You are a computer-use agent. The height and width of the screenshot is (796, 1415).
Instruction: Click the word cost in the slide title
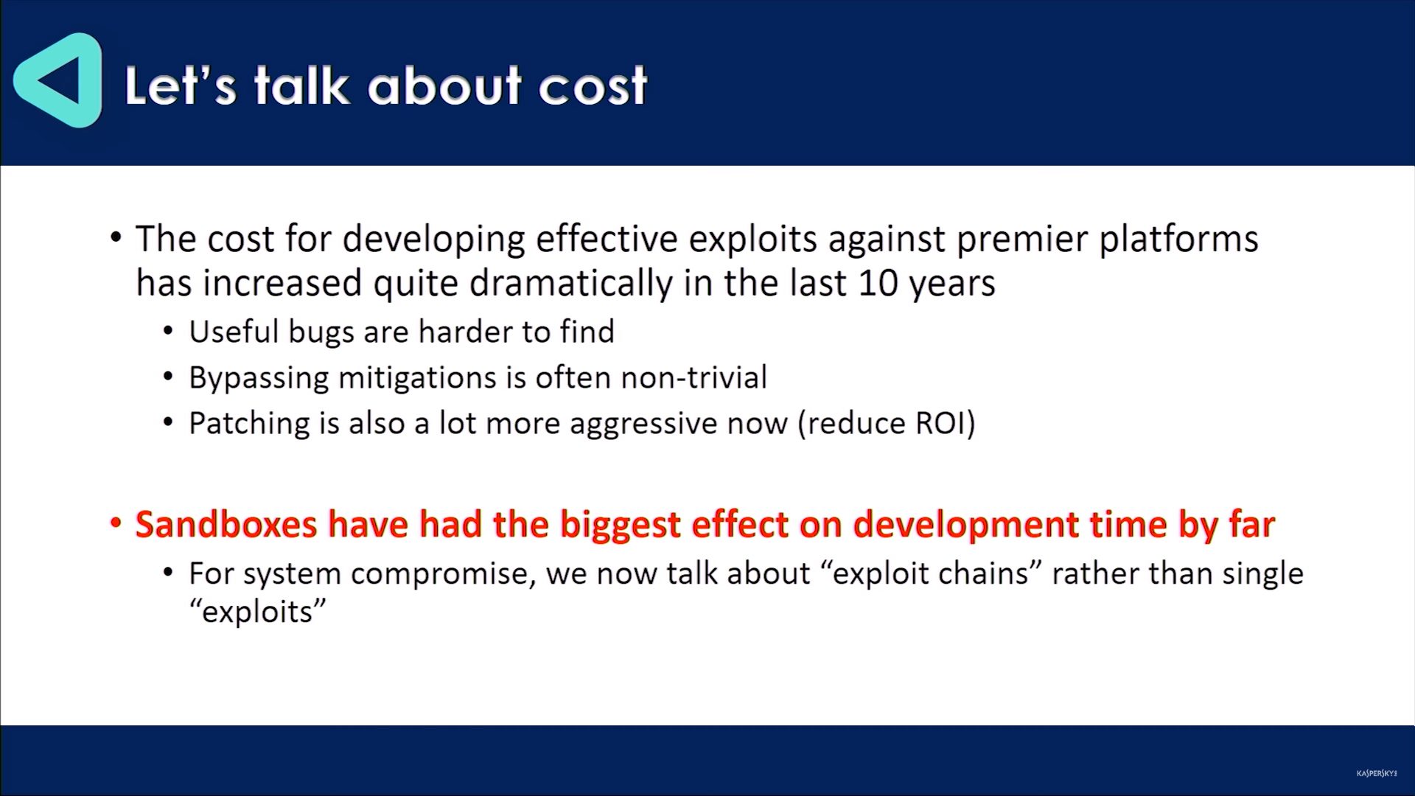point(593,86)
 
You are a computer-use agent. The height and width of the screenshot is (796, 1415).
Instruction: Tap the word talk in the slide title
point(301,85)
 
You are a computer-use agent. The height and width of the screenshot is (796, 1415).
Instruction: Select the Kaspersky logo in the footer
point(1377,773)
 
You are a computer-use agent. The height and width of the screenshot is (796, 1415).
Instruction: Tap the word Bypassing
point(259,378)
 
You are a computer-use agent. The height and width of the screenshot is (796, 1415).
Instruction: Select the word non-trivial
point(693,377)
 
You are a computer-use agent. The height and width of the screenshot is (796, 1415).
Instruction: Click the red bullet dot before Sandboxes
point(116,523)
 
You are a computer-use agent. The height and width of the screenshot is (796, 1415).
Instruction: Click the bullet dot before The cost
point(116,237)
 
